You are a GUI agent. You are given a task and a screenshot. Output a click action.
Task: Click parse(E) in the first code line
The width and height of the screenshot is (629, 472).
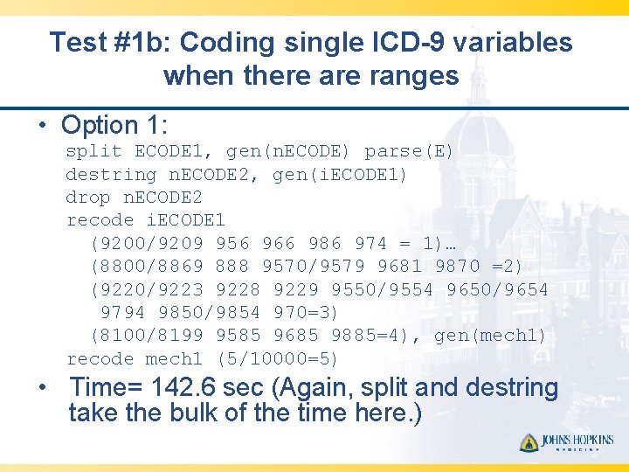click(x=409, y=151)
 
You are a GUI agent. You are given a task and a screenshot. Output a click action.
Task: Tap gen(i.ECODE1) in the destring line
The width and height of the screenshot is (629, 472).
click(x=340, y=174)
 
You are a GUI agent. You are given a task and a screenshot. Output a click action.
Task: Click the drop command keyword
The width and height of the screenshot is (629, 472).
click(x=88, y=198)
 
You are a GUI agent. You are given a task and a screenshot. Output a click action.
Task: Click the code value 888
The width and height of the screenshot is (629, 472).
click(x=232, y=266)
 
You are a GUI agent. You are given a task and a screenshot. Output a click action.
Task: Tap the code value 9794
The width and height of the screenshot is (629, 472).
click(x=123, y=312)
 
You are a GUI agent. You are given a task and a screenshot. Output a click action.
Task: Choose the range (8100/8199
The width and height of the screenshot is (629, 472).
click(x=146, y=336)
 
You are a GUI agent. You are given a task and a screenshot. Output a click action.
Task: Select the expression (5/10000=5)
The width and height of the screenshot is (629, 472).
click(x=277, y=358)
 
